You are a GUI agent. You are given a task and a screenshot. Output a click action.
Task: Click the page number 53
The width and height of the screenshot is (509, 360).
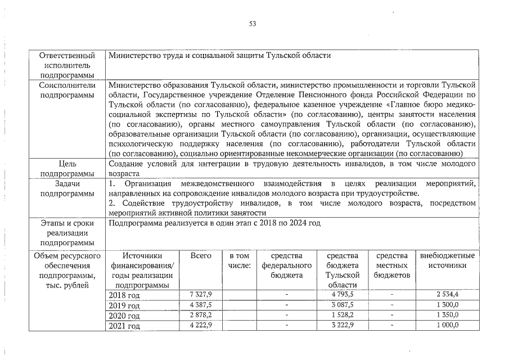[x=253, y=24]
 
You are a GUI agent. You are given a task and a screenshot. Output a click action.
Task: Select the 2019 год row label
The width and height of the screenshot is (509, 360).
[x=124, y=305]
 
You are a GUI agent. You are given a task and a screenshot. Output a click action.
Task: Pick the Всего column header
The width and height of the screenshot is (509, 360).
[x=201, y=256]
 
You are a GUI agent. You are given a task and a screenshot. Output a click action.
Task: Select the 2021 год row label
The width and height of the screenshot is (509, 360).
[x=124, y=326]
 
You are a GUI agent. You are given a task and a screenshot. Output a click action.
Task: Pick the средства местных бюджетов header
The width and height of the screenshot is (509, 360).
[x=392, y=265]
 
